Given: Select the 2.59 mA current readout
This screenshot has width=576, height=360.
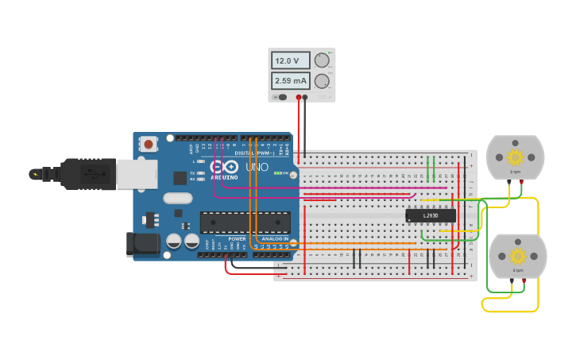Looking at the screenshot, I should point(291,81).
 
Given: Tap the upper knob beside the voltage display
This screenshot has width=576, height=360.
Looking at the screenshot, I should point(322,60).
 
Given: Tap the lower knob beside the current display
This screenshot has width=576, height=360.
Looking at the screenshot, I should point(322,81).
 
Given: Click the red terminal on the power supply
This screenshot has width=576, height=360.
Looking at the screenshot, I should point(299,97).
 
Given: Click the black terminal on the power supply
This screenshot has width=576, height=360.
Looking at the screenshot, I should point(305,97).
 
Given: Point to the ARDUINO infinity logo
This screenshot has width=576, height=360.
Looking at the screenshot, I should point(225,168).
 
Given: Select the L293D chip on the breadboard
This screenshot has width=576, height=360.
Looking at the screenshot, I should point(431,215).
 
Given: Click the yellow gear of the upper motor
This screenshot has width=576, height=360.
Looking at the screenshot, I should point(515,157).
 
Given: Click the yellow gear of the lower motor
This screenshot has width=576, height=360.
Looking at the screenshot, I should point(518,256).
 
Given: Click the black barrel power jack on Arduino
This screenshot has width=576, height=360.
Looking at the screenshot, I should point(143,243).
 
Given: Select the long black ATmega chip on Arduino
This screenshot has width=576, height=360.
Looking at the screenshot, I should point(245,223).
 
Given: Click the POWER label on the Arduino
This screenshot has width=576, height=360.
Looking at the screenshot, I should point(237,238).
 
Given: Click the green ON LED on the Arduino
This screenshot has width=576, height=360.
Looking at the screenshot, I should point(276,173).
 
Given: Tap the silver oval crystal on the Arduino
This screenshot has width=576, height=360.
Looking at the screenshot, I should point(178,199).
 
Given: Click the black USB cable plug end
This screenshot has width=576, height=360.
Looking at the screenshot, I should point(79,174).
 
